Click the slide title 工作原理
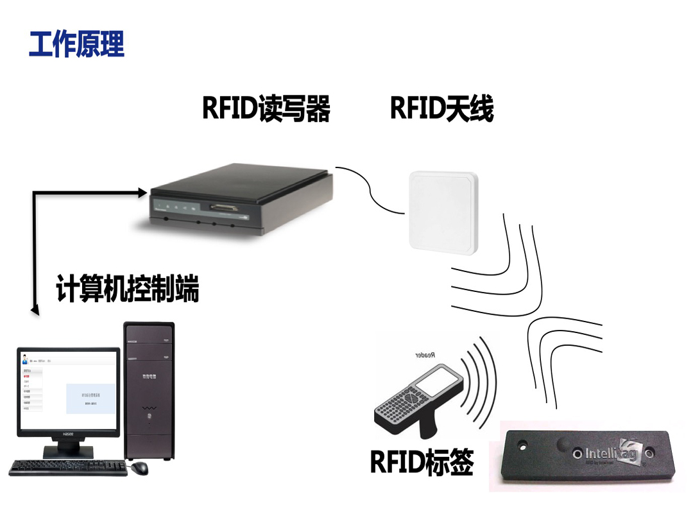[76, 44]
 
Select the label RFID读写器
[266, 108]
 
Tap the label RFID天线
[441, 108]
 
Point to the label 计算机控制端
[127, 289]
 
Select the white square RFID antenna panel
[443, 211]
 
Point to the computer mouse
[139, 468]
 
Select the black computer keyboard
[67, 467]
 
